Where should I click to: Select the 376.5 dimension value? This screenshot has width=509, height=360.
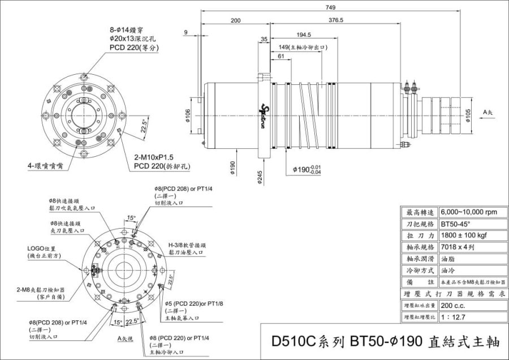pyautogui.click(x=335, y=20)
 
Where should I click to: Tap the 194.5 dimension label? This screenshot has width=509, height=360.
pyautogui.click(x=303, y=35)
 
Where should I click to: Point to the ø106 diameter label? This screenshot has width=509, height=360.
pyautogui.click(x=187, y=114)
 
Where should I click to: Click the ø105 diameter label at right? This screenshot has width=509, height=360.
pyautogui.click(x=468, y=115)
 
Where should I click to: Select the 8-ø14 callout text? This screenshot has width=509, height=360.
pyautogui.click(x=123, y=29)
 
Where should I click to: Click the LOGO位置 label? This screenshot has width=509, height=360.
pyautogui.click(x=42, y=248)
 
